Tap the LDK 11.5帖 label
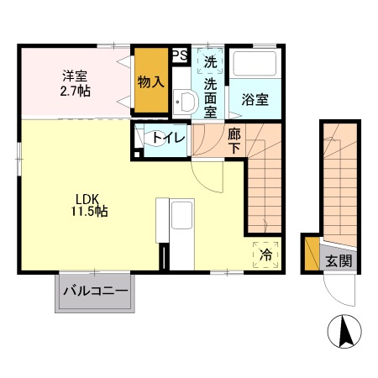88,205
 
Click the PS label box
179,56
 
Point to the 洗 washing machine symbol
210,62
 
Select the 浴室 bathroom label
255,99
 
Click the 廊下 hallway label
234,140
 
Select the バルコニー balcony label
95,292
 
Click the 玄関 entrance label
339,261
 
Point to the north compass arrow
344,331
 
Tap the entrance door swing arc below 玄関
340,291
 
